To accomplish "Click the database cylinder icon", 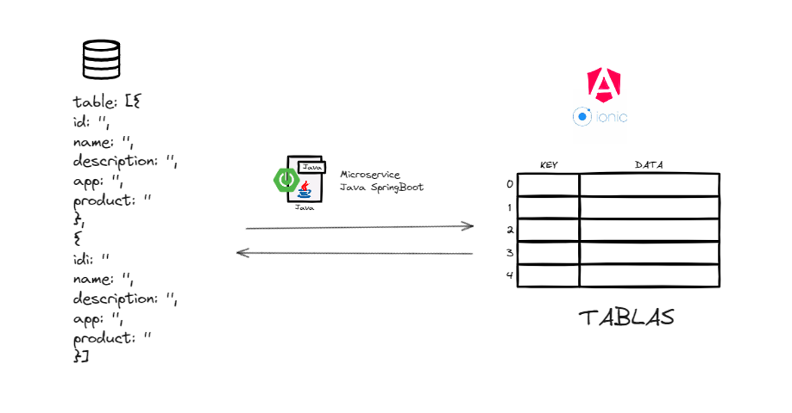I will pyautogui.click(x=101, y=59).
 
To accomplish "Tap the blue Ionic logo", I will pyautogui.click(x=600, y=117).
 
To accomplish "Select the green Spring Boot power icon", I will pyautogui.click(x=285, y=178).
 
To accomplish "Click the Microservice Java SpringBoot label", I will pyautogui.click(x=381, y=181).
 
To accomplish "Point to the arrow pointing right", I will pyautogui.click(x=360, y=227).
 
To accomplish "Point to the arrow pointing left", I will pyautogui.click(x=354, y=254).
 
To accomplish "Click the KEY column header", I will pyautogui.click(x=549, y=165).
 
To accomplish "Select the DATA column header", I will pyautogui.click(x=649, y=165).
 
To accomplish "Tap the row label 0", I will pyautogui.click(x=510, y=184).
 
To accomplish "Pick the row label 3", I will pyautogui.click(x=510, y=253).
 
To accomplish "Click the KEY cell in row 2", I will pyautogui.click(x=548, y=230).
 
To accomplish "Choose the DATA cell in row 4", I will pyautogui.click(x=649, y=276).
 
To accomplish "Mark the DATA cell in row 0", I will pyautogui.click(x=649, y=185).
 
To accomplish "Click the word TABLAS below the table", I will pyautogui.click(x=626, y=317).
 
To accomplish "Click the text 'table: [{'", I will pyautogui.click(x=106, y=102).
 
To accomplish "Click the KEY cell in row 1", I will pyautogui.click(x=548, y=207).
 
